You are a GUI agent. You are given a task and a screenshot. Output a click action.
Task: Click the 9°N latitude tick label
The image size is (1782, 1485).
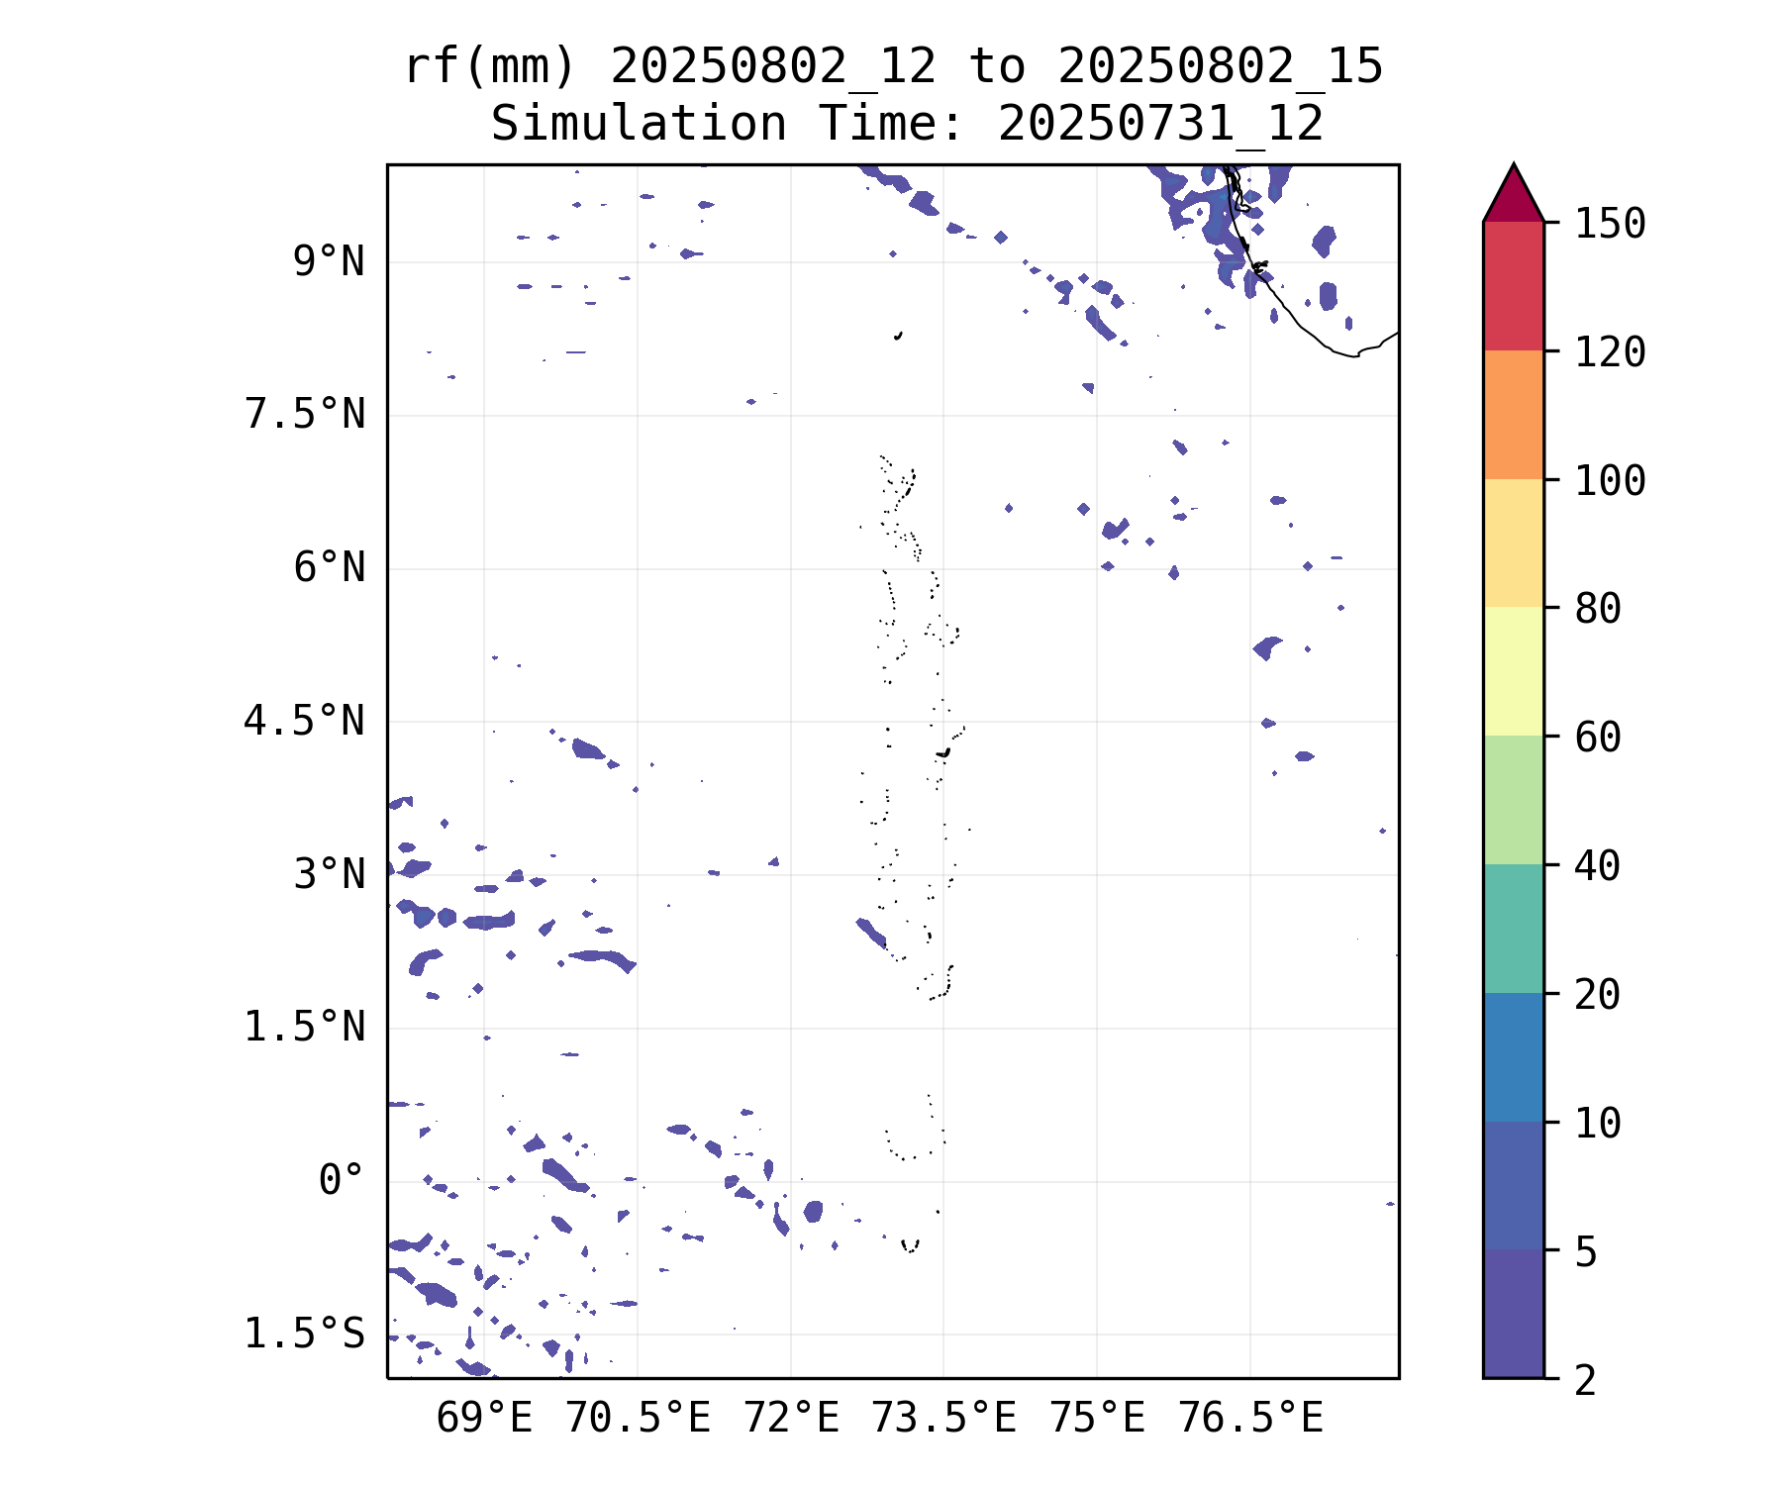coord(329,262)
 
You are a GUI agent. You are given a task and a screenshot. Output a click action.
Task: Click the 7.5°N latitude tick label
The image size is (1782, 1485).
coord(305,415)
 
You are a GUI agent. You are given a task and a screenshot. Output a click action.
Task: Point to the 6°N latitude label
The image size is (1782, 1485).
coord(329,568)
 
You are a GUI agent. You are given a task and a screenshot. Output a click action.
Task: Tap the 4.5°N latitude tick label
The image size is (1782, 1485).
coord(305,721)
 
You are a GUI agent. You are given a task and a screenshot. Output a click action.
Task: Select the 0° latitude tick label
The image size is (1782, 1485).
coord(342,1180)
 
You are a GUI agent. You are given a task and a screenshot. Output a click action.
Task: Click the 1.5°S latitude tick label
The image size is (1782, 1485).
coord(305,1334)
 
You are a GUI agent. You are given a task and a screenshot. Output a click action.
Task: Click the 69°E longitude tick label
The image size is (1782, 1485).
coord(484,1419)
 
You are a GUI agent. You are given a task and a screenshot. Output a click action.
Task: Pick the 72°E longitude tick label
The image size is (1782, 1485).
coord(791,1419)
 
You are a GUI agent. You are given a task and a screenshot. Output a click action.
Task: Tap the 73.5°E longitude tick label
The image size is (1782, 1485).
coord(943,1419)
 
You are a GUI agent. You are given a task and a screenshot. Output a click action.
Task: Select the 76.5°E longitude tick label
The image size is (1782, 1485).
coord(1250,1419)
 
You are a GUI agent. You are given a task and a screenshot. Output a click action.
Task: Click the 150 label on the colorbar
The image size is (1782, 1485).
coord(1611,224)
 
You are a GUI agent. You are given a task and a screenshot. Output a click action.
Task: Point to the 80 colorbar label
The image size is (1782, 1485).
coord(1598,609)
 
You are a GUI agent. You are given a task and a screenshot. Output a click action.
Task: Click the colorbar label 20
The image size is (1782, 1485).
coord(1598,995)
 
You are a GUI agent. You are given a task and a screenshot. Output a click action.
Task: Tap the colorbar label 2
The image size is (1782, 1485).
coord(1586,1380)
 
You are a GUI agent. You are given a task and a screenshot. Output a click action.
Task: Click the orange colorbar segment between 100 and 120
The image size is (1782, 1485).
coord(1513,415)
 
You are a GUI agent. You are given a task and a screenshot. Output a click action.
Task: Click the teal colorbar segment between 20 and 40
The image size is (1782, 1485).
coord(1513,929)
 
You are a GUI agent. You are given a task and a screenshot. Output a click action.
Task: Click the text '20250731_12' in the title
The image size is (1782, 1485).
coord(1160,125)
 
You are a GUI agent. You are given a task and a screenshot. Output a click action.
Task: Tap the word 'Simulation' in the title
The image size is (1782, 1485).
coord(639,125)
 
